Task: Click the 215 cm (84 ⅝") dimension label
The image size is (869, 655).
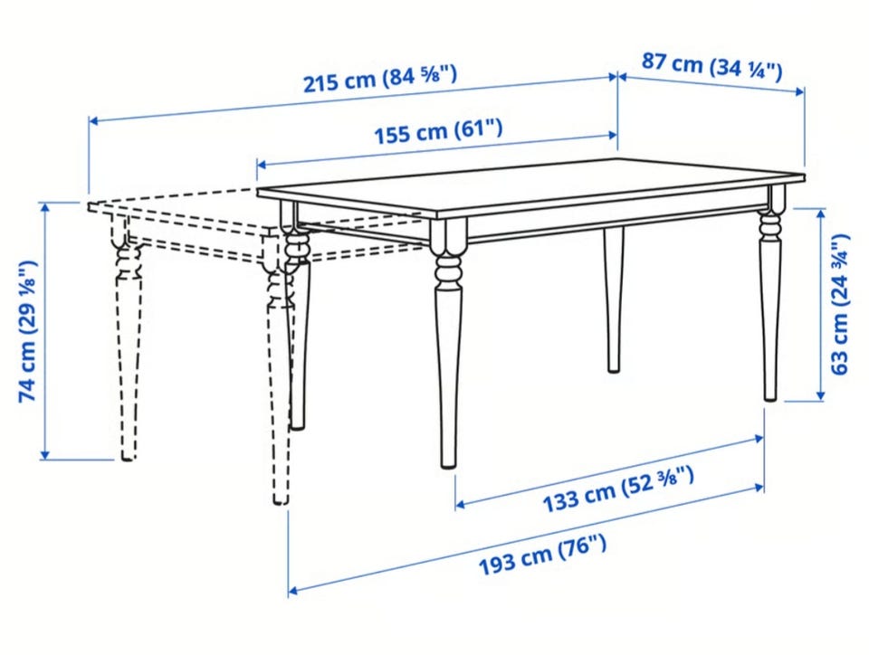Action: (x=380, y=79)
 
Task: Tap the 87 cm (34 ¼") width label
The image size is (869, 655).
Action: (x=712, y=66)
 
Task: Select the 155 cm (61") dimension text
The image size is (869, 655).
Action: (x=438, y=132)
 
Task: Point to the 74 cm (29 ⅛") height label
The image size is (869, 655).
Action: (x=28, y=330)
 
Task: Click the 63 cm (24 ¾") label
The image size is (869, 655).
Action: (x=840, y=304)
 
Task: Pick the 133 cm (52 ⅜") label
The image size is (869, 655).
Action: (x=618, y=489)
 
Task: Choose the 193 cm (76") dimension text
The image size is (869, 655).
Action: (x=542, y=555)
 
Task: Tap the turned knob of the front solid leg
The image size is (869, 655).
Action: (x=446, y=271)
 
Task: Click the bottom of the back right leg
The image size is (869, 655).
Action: (x=770, y=397)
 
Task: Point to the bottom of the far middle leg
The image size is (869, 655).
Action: (x=614, y=369)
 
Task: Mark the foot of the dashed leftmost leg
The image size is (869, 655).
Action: (x=128, y=458)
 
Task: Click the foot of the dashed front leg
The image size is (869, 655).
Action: (x=281, y=501)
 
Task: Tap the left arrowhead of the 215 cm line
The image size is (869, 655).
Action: (x=93, y=120)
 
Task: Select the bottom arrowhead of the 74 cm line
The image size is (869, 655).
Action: (x=45, y=454)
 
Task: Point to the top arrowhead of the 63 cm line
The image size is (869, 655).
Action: (x=820, y=214)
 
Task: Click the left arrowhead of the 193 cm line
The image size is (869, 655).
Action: (x=293, y=591)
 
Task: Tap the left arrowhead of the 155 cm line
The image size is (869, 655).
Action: (x=261, y=164)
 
